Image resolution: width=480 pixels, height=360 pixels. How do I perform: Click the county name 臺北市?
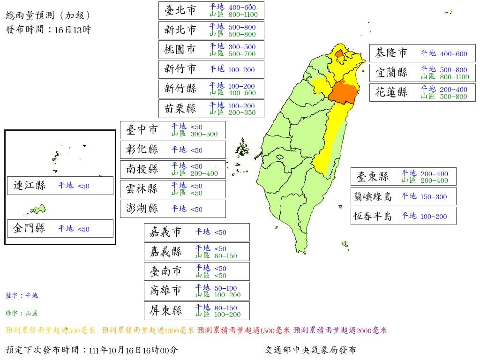click(x=180, y=10)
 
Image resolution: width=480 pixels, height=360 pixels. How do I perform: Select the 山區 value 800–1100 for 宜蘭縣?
click(x=454, y=77)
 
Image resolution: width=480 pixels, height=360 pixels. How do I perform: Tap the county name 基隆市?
click(x=391, y=53)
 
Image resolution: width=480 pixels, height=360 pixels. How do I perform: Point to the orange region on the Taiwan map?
click(x=343, y=91)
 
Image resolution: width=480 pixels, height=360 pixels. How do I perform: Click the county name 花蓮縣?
click(x=391, y=92)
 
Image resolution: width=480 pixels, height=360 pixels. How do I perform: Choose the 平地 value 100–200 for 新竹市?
click(x=241, y=70)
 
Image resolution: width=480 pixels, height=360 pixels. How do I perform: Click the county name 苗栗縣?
click(x=180, y=109)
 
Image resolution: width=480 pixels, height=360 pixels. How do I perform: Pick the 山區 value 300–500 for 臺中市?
click(x=204, y=134)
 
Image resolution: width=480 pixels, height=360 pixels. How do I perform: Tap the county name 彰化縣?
click(x=142, y=150)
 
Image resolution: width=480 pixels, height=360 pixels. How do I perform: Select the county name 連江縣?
click(x=30, y=186)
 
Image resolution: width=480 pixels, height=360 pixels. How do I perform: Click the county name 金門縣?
click(x=30, y=229)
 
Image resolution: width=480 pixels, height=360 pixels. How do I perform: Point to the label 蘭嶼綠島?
click(x=373, y=197)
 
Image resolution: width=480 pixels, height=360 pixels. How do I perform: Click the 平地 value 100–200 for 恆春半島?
click(x=434, y=217)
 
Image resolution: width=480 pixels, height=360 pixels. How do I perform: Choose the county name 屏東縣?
click(x=165, y=311)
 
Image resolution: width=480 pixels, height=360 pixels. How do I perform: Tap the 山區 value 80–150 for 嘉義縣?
click(x=225, y=256)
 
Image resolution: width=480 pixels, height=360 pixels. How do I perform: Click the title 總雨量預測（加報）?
click(x=48, y=15)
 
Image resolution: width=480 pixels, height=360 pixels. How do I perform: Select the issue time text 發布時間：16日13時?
click(x=48, y=30)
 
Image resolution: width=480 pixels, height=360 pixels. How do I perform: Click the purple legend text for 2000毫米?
click(x=340, y=330)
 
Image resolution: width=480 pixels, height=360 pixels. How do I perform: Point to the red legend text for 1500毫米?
click(x=244, y=330)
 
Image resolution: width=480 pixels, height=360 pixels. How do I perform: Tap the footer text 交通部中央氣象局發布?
click(x=310, y=350)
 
